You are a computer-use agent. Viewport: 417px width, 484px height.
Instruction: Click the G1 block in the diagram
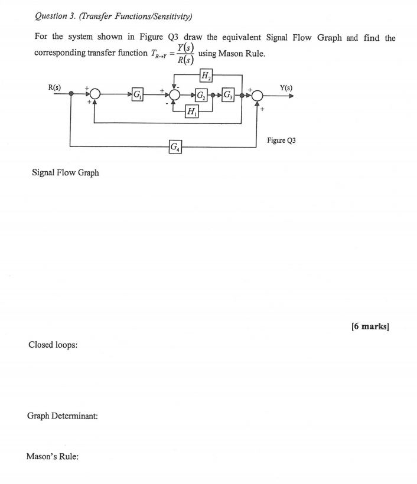[137, 94]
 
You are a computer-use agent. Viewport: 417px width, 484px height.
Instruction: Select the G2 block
[201, 94]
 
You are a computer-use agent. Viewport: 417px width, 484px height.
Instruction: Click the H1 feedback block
[191, 112]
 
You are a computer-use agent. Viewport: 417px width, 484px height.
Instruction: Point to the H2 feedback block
[207, 75]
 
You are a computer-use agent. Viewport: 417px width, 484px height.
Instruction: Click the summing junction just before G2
[175, 94]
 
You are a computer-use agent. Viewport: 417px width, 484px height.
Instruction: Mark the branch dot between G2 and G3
[214, 94]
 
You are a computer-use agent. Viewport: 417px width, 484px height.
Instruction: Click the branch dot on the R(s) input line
[70, 94]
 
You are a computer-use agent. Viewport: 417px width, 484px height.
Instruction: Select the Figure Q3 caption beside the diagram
[281, 140]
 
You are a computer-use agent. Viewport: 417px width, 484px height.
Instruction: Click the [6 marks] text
[370, 326]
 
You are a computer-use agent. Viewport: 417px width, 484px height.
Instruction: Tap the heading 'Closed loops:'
[53, 345]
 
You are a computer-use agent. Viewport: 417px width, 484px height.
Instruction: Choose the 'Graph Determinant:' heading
[62, 416]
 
